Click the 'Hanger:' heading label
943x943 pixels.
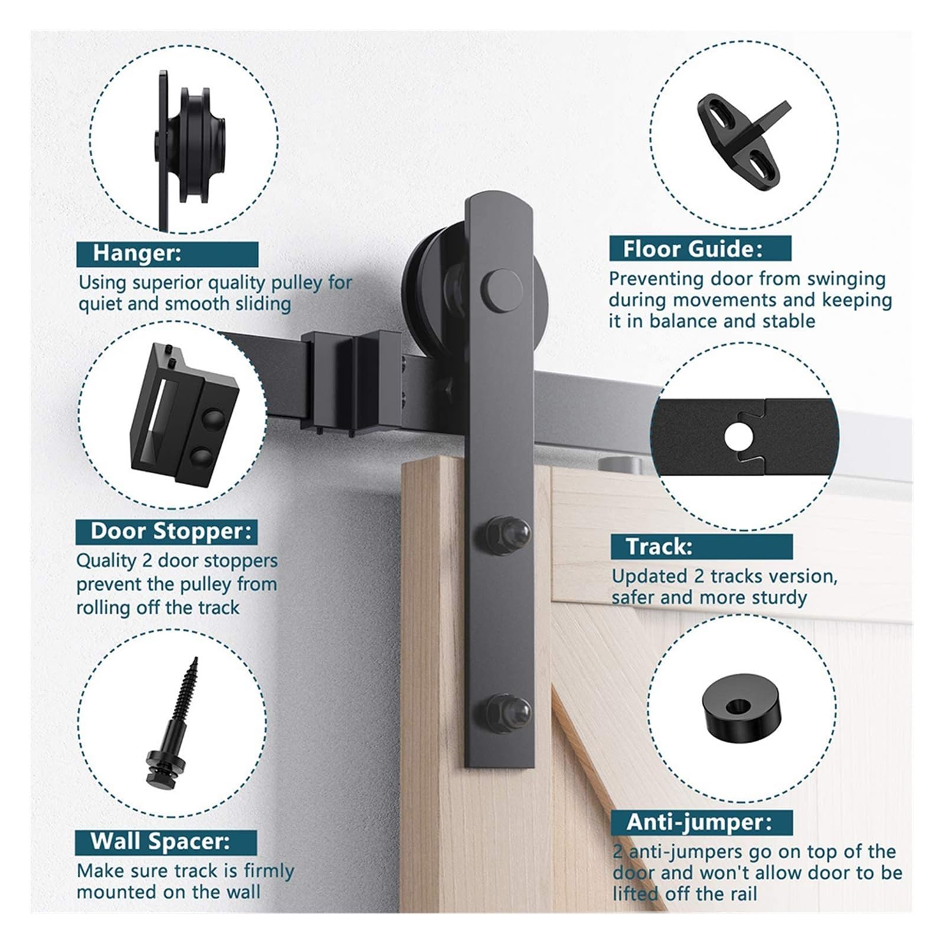pyautogui.click(x=137, y=253)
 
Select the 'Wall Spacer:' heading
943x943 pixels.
pyautogui.click(x=160, y=840)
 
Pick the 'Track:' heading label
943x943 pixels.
pyautogui.click(x=659, y=546)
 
